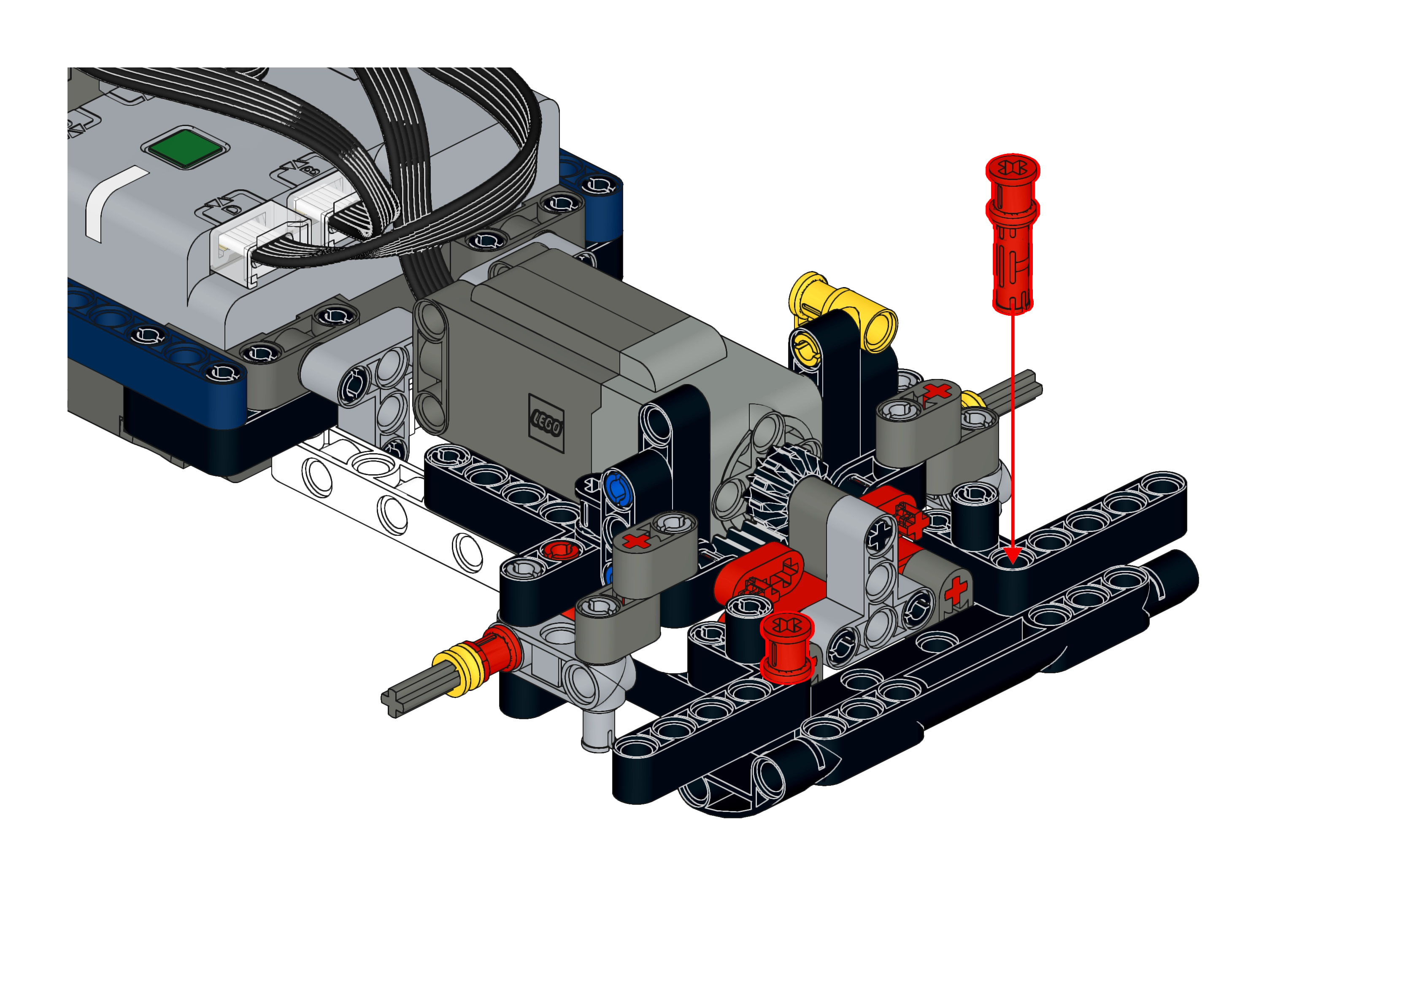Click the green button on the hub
click(x=184, y=148)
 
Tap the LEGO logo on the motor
click(x=546, y=423)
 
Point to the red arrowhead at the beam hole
click(x=1012, y=554)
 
